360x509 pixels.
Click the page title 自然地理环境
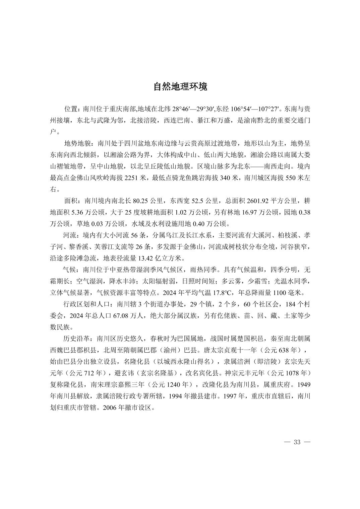pyautogui.click(x=180, y=87)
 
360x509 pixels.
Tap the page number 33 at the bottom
pyautogui.click(x=297, y=442)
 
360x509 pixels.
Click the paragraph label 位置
pyautogui.click(x=71, y=109)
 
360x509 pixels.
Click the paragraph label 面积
pyautogui.click(x=71, y=201)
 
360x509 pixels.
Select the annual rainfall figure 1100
pyautogui.click(x=280, y=292)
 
